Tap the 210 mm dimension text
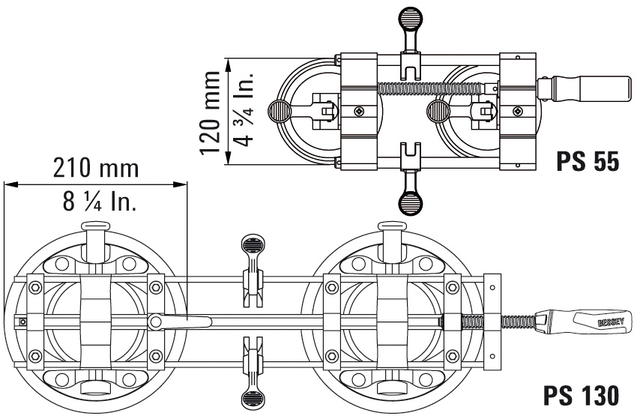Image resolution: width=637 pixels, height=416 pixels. point(94,167)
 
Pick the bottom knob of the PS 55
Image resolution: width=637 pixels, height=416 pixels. point(410,201)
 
